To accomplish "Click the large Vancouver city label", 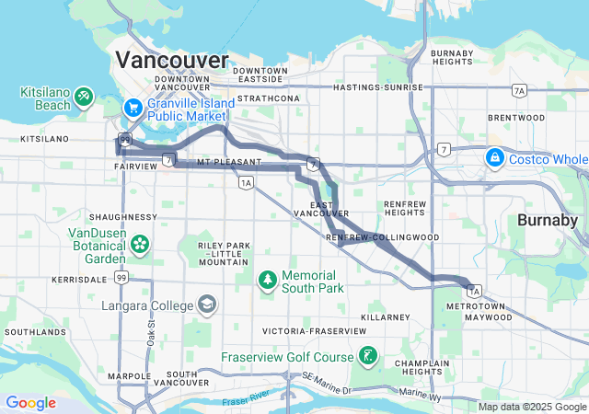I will pyautogui.click(x=171, y=60).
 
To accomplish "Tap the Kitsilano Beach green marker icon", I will pyautogui.click(x=84, y=95).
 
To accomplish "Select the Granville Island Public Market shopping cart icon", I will pyautogui.click(x=133, y=108).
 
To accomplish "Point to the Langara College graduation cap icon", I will pyautogui.click(x=208, y=305).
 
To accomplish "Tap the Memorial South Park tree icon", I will pyautogui.click(x=267, y=278).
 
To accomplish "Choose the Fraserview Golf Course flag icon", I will pyautogui.click(x=367, y=356).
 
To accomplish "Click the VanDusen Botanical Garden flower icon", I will pyautogui.click(x=140, y=245).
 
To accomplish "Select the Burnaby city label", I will pyautogui.click(x=547, y=221).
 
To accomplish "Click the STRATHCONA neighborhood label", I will pyautogui.click(x=269, y=98).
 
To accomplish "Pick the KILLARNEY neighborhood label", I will pyautogui.click(x=385, y=316).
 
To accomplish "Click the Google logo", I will pyautogui.click(x=30, y=403).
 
